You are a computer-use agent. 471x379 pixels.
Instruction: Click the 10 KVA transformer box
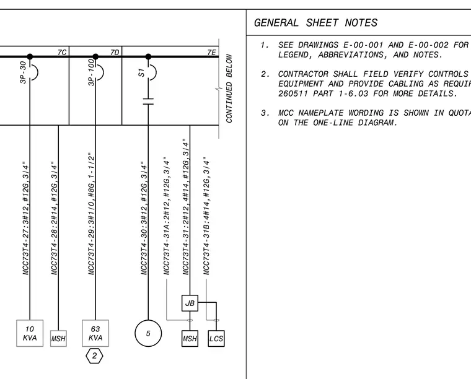(x=30, y=333)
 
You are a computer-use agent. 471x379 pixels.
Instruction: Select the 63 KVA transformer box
(x=95, y=333)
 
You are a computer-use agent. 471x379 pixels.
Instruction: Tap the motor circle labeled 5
(x=148, y=333)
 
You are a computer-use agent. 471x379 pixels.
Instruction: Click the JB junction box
(x=190, y=303)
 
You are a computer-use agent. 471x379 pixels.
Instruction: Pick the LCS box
(x=216, y=339)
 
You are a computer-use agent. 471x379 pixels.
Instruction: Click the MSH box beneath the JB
(x=190, y=339)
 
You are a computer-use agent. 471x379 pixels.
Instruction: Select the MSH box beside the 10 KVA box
(x=58, y=339)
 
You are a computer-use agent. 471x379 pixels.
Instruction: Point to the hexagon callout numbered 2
(x=94, y=356)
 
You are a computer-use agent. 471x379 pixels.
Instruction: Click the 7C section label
(x=62, y=53)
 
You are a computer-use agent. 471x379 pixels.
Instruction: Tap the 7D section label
(x=115, y=53)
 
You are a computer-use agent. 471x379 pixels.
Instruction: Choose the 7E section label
(x=211, y=53)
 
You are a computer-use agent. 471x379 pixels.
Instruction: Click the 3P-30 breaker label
(x=23, y=72)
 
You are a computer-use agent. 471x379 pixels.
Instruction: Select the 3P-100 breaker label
(x=91, y=72)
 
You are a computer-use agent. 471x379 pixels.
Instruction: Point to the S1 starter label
(x=141, y=72)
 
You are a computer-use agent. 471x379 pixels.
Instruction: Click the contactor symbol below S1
(x=148, y=102)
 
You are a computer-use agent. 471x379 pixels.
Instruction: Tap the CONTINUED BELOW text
(x=229, y=89)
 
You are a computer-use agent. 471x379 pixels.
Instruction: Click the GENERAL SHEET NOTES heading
(x=315, y=23)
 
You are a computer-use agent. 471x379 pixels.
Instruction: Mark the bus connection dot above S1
(x=148, y=56)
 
